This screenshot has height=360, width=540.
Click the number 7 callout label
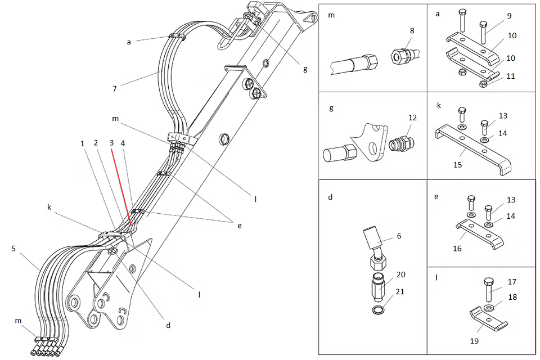click(115, 88)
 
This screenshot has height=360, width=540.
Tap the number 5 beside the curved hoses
click(13, 249)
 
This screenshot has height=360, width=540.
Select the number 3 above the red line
click(111, 143)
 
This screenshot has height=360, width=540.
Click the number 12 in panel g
click(412, 118)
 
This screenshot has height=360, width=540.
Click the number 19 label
click(474, 341)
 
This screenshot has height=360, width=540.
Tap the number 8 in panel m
click(412, 31)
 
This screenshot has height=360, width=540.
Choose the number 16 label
click(457, 249)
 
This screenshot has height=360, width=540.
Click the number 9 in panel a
click(510, 16)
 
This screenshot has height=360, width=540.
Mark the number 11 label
click(510, 76)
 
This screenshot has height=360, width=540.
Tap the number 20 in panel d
click(401, 274)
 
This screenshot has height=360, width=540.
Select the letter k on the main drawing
click(49, 208)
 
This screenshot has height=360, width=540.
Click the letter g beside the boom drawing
click(305, 69)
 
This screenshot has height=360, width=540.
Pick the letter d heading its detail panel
click(330, 197)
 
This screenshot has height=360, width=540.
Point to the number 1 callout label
click(82, 143)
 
